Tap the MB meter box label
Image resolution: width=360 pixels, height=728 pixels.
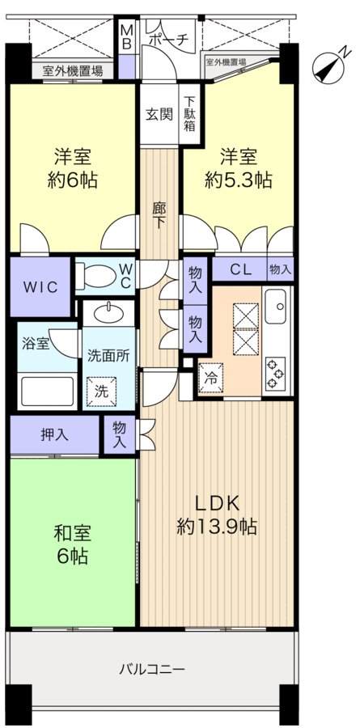127,38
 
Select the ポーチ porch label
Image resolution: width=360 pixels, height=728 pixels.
170,38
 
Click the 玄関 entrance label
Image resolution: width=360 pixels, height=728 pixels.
159,114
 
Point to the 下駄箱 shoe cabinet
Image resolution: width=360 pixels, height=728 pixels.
188,114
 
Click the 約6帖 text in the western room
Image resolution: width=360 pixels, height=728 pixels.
72,180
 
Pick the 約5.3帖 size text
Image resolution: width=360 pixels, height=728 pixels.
238,180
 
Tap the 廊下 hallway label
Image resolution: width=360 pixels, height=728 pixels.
159,214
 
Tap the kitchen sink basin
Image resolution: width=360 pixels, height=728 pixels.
277,304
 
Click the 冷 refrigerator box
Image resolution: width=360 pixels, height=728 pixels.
209,377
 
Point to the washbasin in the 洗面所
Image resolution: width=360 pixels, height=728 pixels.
109,313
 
